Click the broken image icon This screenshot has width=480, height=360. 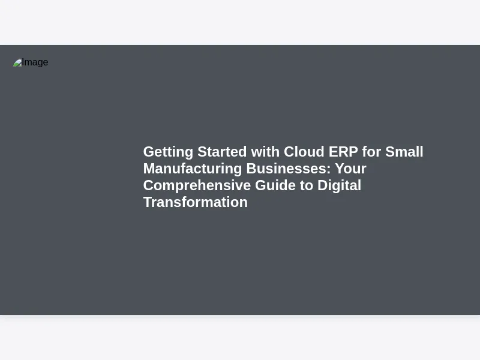[17, 62]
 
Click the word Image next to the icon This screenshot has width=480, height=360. [35, 62]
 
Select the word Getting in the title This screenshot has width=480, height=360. [168, 152]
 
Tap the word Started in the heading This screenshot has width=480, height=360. [222, 152]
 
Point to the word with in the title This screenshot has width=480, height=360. [265, 152]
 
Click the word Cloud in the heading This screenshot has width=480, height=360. [304, 152]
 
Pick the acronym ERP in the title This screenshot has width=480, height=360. [343, 152]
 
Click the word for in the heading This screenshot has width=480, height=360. [371, 152]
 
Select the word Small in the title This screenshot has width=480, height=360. [404, 152]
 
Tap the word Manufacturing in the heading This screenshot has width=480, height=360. [193, 169]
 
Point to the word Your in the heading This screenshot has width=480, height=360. [350, 169]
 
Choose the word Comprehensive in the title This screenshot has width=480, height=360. [197, 186]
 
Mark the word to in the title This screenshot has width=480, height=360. [307, 185]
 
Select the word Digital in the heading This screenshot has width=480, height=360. [339, 186]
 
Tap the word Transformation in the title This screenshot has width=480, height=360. [196, 202]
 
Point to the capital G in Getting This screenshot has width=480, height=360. [149, 152]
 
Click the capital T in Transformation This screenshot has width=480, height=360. [148, 203]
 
